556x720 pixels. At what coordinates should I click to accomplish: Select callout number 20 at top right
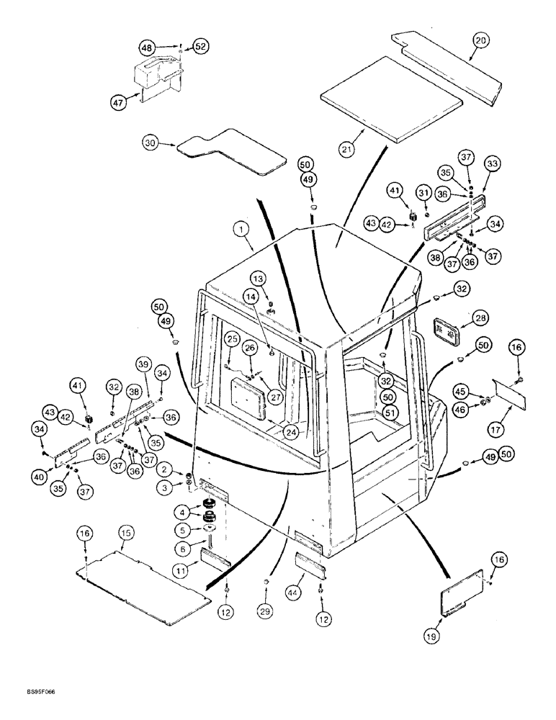[x=481, y=41]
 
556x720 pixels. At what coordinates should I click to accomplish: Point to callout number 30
[x=151, y=144]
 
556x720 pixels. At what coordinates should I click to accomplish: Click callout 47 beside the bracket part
[x=117, y=103]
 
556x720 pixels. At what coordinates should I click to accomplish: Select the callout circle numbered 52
[x=199, y=46]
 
